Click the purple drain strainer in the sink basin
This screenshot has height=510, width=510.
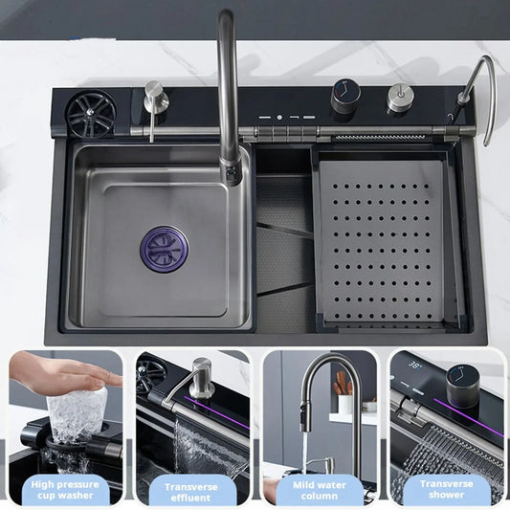click(x=166, y=247)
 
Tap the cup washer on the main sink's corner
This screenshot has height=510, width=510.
click(x=90, y=113)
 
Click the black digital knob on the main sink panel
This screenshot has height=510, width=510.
click(x=345, y=97)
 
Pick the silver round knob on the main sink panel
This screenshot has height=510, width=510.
click(x=400, y=98)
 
